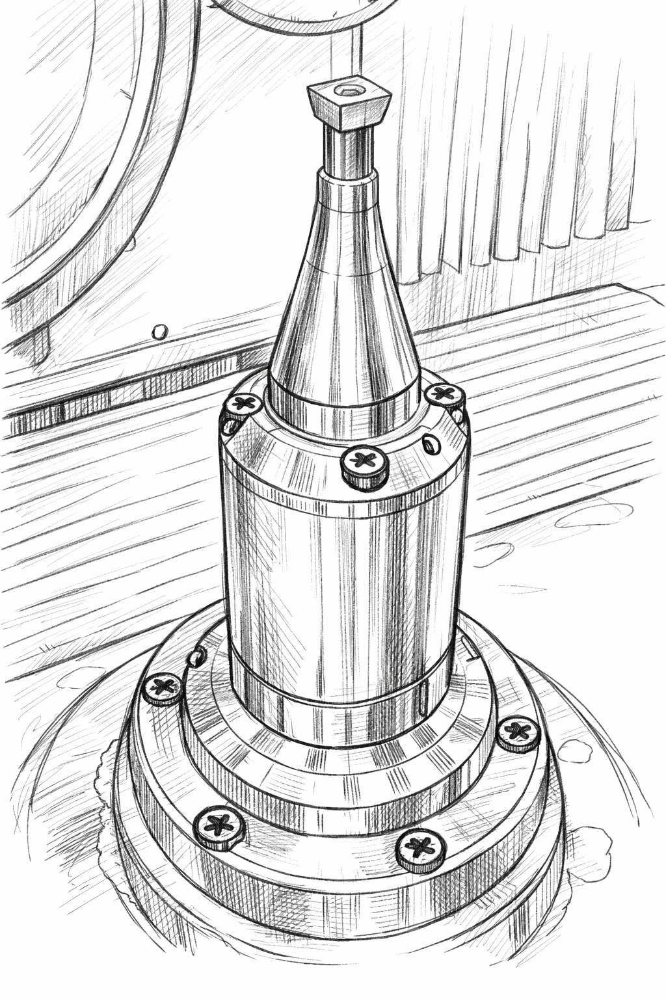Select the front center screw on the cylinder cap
click(x=365, y=464)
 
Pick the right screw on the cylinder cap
click(x=444, y=394)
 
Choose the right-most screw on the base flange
click(x=518, y=732)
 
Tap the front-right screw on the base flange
click(x=421, y=848)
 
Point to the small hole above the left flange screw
click(x=193, y=658)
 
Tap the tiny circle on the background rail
click(x=157, y=332)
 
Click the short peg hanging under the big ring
click(x=40, y=345)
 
